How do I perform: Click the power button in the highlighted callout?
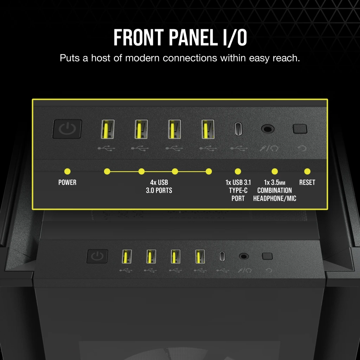point(67,129)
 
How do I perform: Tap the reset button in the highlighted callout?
point(300,129)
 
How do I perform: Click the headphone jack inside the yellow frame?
point(268,129)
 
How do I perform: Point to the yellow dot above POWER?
point(67,172)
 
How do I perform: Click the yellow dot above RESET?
point(307,172)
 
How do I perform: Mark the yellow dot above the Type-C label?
point(238,172)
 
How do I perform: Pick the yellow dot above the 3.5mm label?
point(275,172)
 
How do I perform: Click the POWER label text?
point(67,182)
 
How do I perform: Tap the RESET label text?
point(307,182)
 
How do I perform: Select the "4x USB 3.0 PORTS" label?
point(159,187)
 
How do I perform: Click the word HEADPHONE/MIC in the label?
point(275,199)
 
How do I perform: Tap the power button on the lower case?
point(97,256)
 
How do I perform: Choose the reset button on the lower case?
point(267,256)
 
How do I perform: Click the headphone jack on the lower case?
point(243,256)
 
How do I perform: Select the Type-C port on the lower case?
point(222,256)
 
